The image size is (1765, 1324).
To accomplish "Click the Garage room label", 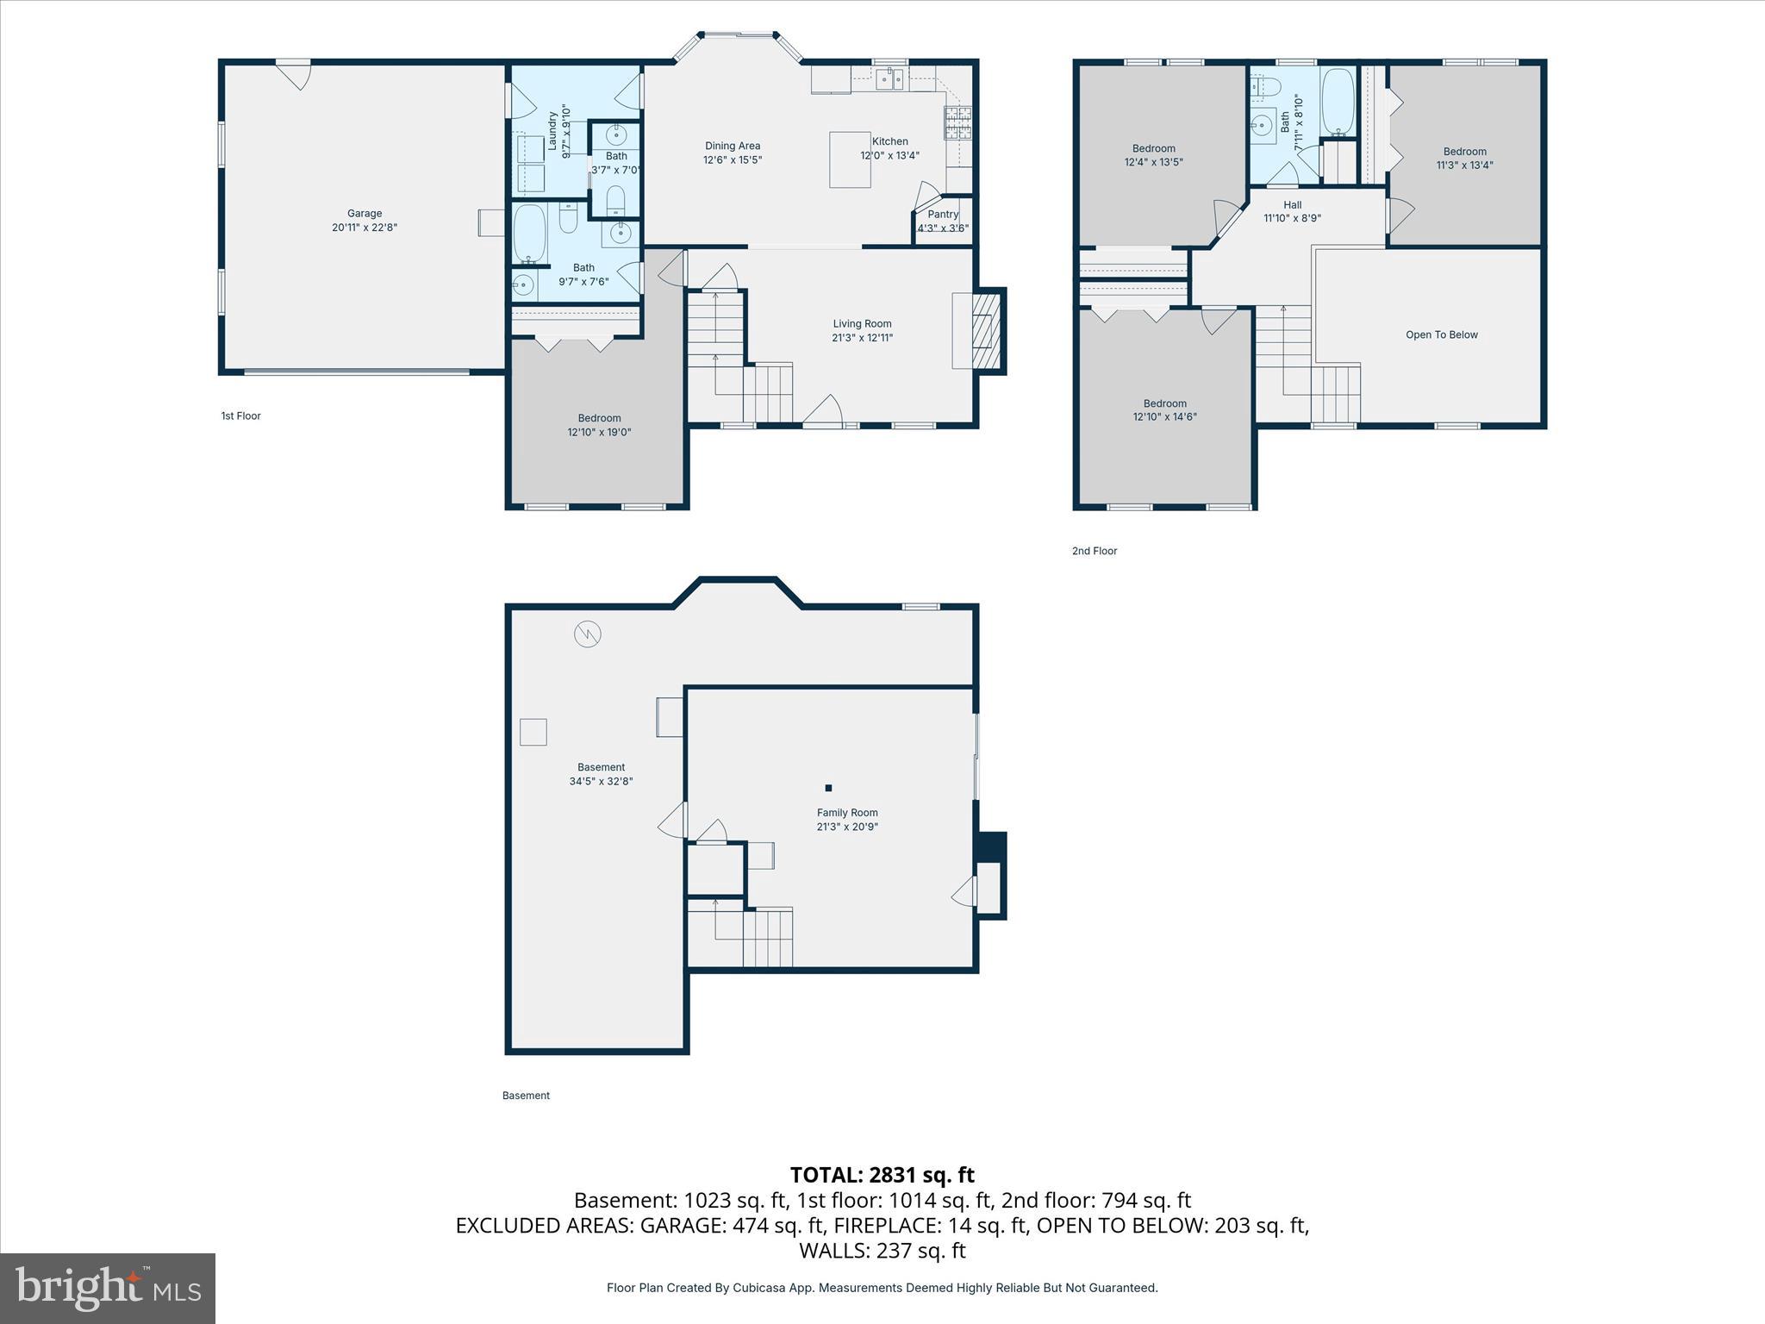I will tap(365, 214).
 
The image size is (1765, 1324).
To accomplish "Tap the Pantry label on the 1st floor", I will tap(943, 215).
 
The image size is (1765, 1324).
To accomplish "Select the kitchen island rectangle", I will tap(850, 159).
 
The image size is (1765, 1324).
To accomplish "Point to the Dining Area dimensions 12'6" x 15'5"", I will tap(733, 160).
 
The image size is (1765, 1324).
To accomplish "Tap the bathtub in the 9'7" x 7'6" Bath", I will tap(530, 234).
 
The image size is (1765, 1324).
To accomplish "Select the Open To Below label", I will tap(1441, 335).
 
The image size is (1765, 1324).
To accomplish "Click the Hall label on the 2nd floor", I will tap(1292, 205).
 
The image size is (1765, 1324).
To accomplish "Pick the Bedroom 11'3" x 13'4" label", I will tap(1464, 152).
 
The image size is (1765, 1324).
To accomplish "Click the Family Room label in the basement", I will tap(847, 813).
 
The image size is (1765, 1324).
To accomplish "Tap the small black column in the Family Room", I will tap(828, 788).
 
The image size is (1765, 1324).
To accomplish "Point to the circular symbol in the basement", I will tap(588, 634).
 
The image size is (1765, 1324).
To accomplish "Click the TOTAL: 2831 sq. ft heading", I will tap(882, 1175).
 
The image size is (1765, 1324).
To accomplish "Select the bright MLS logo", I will tap(108, 1288).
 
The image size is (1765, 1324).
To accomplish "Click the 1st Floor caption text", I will tap(240, 416).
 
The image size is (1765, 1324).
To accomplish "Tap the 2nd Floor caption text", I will tap(1094, 551).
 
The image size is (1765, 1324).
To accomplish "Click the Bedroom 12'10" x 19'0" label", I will tap(599, 419).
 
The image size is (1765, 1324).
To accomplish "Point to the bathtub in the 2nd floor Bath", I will tap(1338, 103).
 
